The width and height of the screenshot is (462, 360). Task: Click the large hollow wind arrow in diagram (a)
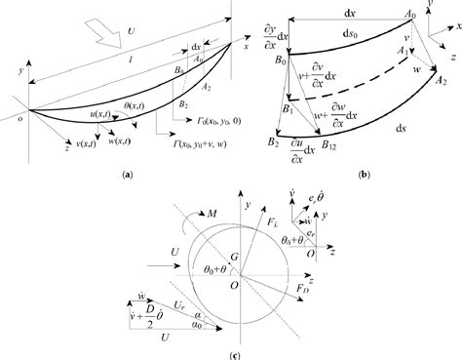click(x=98, y=34)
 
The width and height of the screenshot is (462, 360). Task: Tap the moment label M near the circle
click(x=202, y=212)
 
